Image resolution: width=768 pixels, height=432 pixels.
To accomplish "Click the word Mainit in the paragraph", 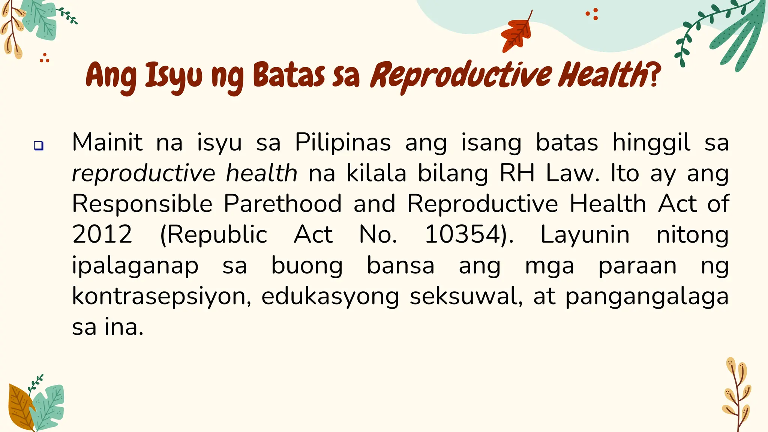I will point(107,142).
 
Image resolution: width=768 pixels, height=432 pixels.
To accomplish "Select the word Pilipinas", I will point(343,142).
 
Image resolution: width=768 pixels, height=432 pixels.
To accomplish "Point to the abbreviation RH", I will point(517,173).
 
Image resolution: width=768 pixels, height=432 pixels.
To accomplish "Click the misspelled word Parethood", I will point(282,204).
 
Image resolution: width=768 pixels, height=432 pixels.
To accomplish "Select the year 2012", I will point(102,235).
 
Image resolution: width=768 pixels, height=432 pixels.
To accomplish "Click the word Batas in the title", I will point(289,76).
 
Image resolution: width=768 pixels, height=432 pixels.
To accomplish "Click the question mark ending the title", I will point(654,75).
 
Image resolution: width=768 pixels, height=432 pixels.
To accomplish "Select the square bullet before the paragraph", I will point(39,145).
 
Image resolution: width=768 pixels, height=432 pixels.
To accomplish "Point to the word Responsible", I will point(142,204).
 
